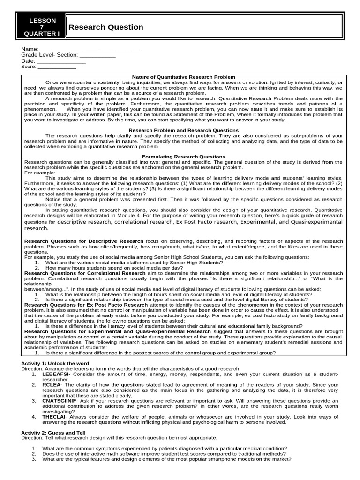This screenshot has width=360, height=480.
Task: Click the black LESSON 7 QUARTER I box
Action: point(42,27)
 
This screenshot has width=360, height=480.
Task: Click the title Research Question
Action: point(106,27)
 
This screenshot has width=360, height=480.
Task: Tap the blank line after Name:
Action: point(90,49)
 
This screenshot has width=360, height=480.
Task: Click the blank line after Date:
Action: point(61,61)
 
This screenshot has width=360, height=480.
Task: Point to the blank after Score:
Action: point(57,67)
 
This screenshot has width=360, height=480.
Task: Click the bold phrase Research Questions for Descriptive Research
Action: point(84,241)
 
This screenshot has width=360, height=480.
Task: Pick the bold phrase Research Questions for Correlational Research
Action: point(85,273)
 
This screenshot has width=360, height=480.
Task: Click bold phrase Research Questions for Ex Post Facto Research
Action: point(86,305)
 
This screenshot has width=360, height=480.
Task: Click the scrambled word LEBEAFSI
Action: point(55,375)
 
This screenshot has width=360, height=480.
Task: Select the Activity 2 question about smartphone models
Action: point(166,459)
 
